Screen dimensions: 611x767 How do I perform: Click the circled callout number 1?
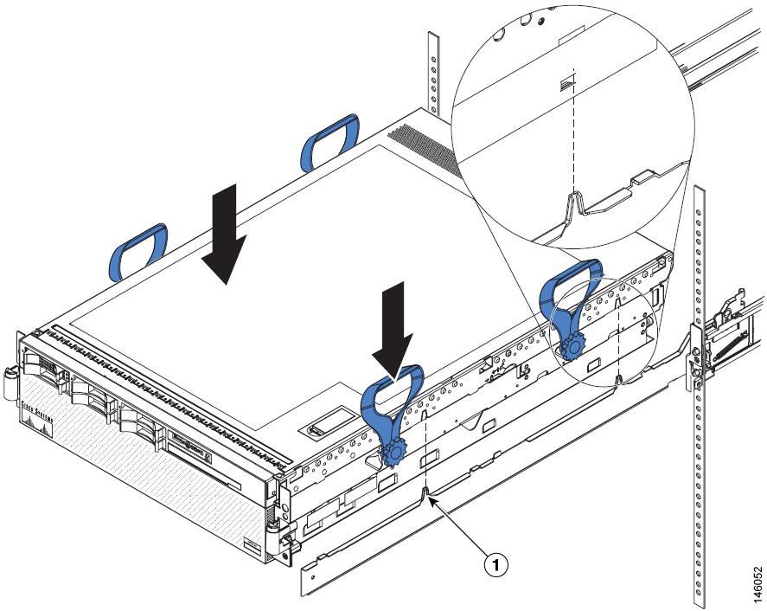pos(494,565)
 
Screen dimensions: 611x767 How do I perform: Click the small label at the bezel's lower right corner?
pos(252,546)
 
